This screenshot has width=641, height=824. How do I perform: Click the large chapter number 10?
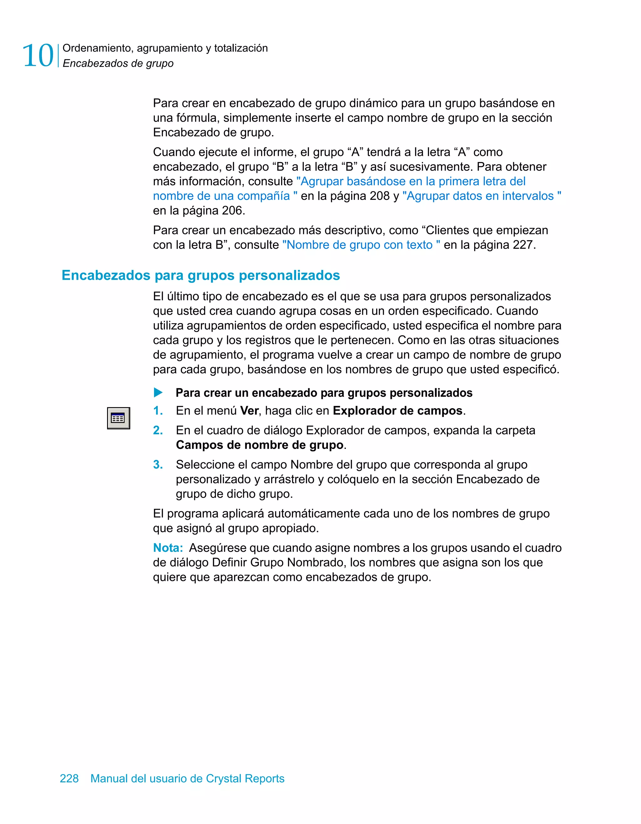tap(38, 56)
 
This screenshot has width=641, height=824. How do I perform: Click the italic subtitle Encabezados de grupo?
tap(118, 64)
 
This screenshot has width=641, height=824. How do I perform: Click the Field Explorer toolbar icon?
tap(118, 418)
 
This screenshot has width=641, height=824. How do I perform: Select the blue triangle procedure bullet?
tap(158, 393)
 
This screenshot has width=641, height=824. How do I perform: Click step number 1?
tap(157, 410)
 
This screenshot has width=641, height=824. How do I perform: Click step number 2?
tap(158, 430)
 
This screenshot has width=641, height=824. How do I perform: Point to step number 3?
tap(158, 465)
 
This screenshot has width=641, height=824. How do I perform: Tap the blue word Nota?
tap(168, 547)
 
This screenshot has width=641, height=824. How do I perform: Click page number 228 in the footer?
tap(69, 778)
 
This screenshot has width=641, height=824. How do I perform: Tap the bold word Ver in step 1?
tap(249, 410)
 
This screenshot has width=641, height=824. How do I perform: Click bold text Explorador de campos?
tap(397, 410)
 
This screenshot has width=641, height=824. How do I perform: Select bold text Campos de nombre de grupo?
tap(260, 445)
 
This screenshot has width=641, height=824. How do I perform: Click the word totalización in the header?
tap(241, 48)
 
